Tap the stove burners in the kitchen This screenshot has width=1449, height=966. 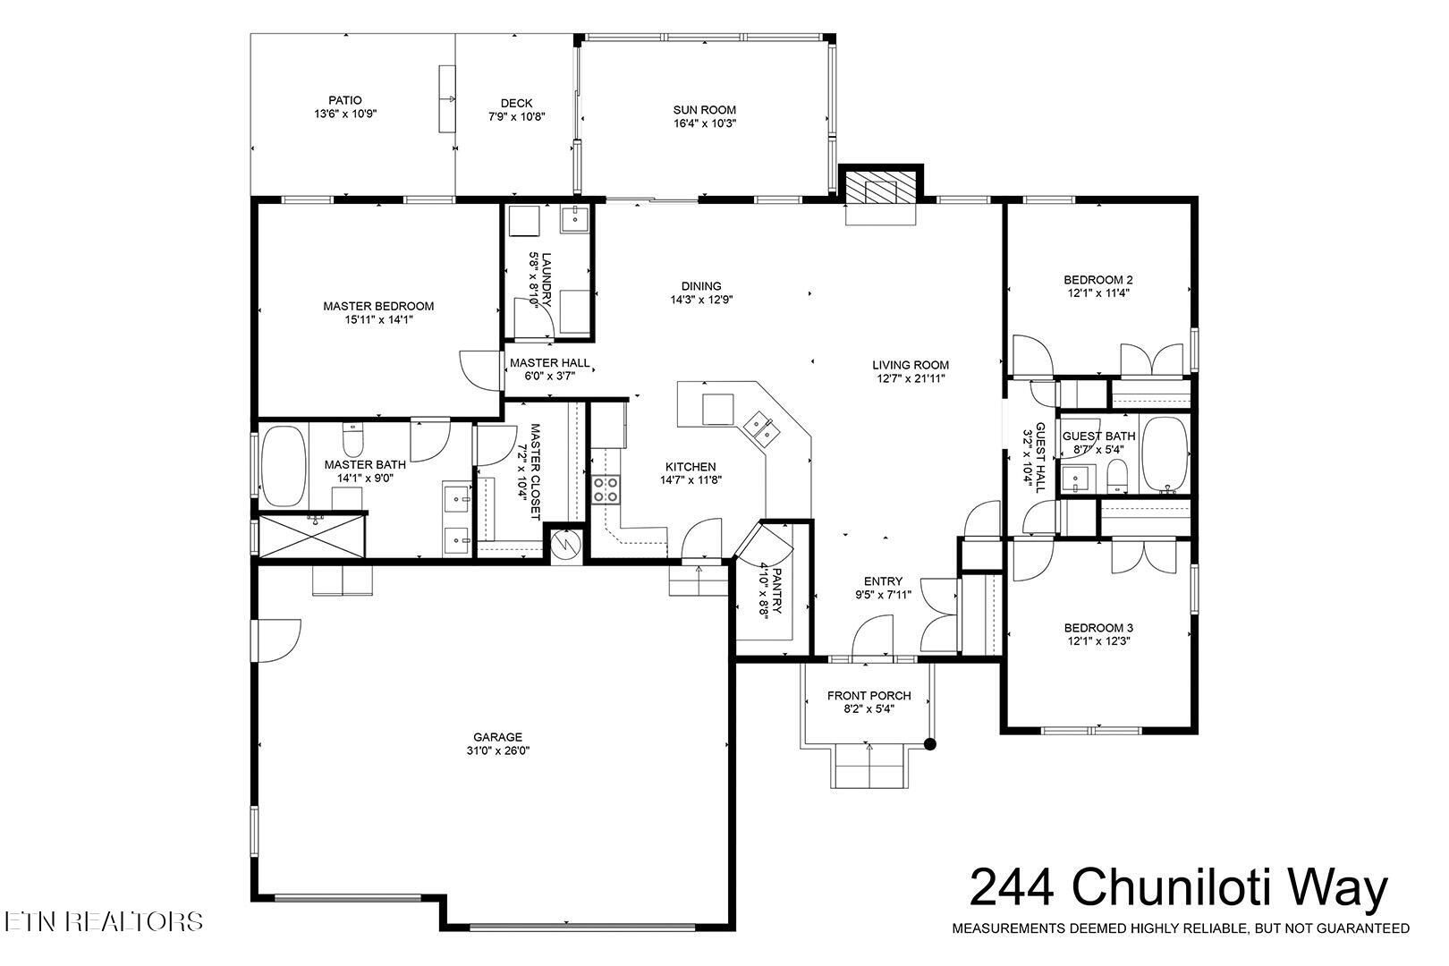606,490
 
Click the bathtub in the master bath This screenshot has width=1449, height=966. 284,466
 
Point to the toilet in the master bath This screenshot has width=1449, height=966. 352,440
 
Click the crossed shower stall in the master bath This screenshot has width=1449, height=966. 312,536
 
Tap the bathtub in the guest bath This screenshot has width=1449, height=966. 1165,455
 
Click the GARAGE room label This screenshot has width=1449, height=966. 497,737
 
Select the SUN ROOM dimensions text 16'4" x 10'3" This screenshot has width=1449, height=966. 705,123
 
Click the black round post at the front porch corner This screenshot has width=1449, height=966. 929,745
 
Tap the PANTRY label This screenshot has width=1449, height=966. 777,591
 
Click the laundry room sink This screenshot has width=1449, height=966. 574,219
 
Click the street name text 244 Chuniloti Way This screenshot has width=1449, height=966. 1179,887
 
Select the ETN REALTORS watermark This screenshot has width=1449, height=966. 104,921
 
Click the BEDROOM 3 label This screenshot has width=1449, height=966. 1098,628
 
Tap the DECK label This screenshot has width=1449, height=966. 516,103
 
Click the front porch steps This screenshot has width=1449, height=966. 869,766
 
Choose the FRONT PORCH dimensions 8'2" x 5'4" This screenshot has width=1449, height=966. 869,709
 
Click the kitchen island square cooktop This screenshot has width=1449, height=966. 718,410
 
